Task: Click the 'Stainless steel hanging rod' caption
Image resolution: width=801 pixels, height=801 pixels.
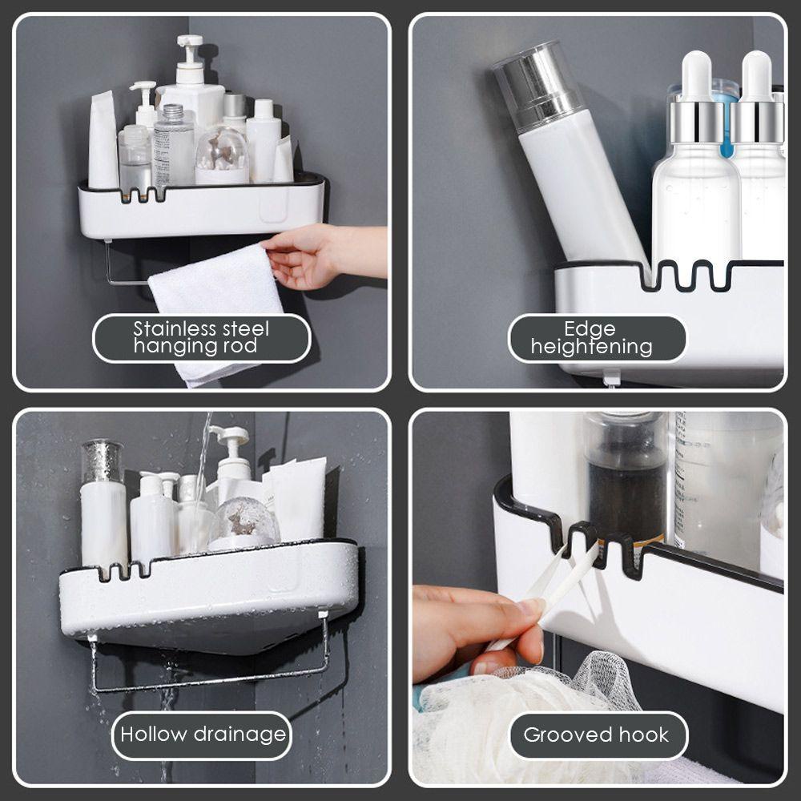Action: (201, 338)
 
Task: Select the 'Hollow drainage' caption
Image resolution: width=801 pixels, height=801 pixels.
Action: (203, 735)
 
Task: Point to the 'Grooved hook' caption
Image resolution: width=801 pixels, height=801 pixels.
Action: (596, 735)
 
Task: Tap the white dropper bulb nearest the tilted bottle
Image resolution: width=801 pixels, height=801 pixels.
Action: (696, 77)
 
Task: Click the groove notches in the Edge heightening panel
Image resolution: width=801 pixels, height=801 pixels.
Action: (685, 275)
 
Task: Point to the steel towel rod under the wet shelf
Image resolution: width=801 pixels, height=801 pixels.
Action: (208, 664)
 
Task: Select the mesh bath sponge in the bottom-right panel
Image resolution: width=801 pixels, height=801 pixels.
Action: (526, 726)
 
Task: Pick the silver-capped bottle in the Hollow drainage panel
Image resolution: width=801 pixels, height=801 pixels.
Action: (103, 505)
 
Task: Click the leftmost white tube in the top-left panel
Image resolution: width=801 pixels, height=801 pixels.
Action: (103, 140)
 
